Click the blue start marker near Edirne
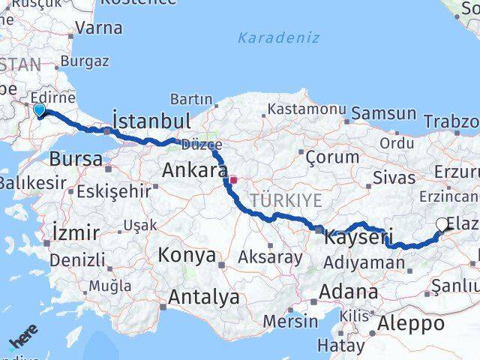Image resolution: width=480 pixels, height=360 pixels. (x=39, y=111)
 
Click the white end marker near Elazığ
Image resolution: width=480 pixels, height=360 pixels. (x=442, y=224)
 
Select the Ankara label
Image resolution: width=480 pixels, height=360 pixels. (x=194, y=172)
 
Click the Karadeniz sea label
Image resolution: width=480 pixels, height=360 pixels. (x=278, y=37)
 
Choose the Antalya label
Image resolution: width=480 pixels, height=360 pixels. (x=203, y=297)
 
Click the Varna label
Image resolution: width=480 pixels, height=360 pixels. (x=99, y=28)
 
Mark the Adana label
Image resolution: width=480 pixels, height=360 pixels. (x=349, y=292)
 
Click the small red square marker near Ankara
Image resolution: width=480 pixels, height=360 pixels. (x=234, y=180)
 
